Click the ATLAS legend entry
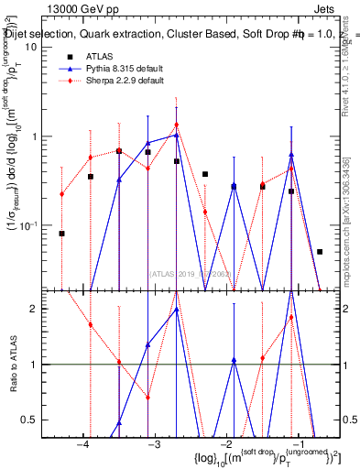98,57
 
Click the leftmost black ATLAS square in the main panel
61,234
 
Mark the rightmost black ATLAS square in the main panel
320,251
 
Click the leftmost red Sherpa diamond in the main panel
61,194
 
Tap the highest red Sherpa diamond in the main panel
176,125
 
